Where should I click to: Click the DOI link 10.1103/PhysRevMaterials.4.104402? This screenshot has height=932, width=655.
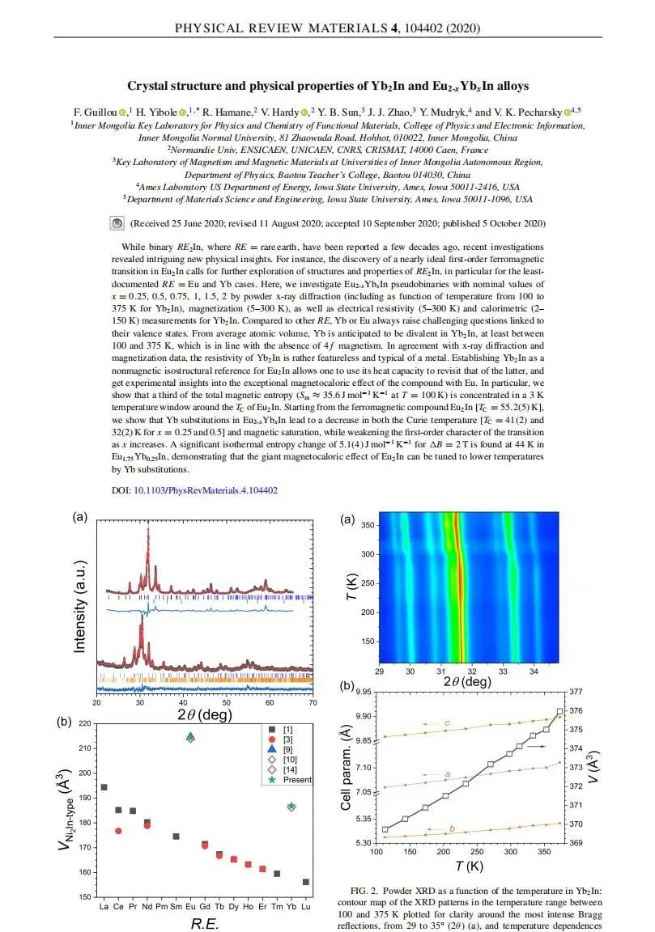click(x=206, y=490)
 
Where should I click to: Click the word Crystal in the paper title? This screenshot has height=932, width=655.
click(x=150, y=87)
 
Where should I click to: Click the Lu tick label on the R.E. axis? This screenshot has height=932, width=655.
click(x=304, y=906)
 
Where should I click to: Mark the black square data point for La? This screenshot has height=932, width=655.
click(x=104, y=786)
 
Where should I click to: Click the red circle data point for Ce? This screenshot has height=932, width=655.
click(x=119, y=831)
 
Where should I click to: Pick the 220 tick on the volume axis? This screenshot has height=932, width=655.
click(x=85, y=723)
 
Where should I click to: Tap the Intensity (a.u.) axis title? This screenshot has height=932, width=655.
click(x=79, y=608)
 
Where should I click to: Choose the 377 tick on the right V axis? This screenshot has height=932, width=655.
click(x=601, y=693)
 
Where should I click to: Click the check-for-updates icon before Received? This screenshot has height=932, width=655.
click(x=117, y=223)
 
